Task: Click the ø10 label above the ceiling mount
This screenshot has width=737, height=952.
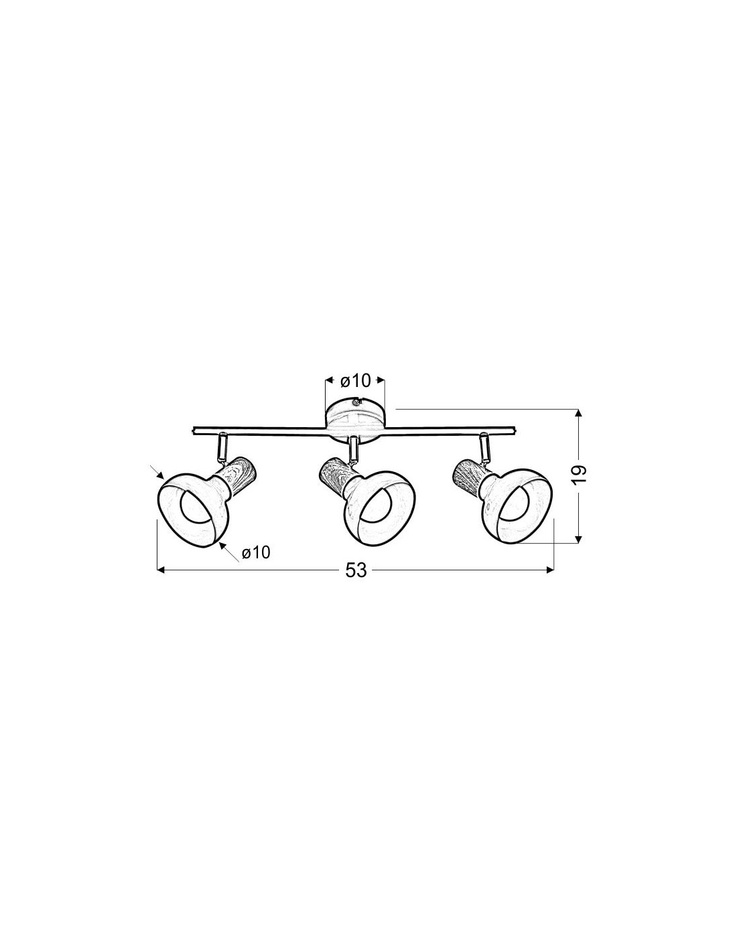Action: [x=355, y=381]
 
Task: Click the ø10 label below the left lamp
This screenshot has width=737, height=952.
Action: [x=256, y=553]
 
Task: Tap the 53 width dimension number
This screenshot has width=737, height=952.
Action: [x=356, y=570]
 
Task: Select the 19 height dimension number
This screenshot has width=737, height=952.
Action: [x=578, y=473]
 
